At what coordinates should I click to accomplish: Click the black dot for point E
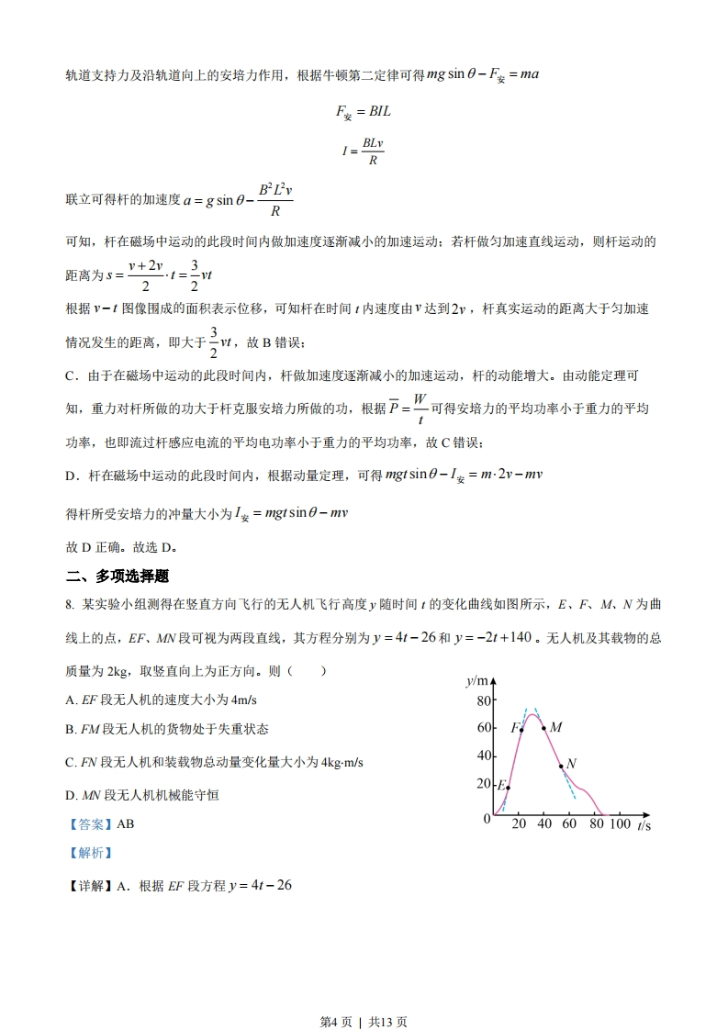coord(508,788)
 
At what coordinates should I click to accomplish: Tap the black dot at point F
coord(521,730)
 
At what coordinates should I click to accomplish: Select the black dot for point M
coord(543,729)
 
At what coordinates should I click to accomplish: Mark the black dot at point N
coord(561,767)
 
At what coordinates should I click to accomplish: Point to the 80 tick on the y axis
coord(484,701)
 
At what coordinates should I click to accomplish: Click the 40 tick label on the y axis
coord(484,756)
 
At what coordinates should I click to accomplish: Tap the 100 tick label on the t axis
coord(621,824)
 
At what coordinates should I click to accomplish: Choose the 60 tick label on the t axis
coord(569,824)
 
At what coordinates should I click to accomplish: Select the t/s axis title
coord(644,826)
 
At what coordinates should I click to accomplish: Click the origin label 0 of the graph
coord(487,819)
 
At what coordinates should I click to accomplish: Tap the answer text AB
coord(126,823)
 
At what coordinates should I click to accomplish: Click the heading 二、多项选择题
coord(118,577)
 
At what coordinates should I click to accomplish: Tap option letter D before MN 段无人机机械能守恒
coord(71,795)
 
